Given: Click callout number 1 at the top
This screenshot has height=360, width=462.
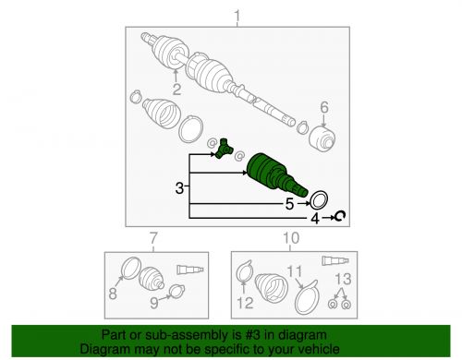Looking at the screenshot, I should (x=238, y=14).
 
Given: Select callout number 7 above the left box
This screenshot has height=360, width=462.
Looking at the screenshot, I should (x=153, y=238).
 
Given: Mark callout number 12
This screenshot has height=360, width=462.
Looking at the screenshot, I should (x=245, y=302).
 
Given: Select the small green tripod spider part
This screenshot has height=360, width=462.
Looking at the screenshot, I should (x=225, y=147).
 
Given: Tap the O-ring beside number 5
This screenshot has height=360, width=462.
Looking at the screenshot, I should (x=318, y=198).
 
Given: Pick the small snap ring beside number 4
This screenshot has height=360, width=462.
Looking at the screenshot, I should (x=339, y=217).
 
